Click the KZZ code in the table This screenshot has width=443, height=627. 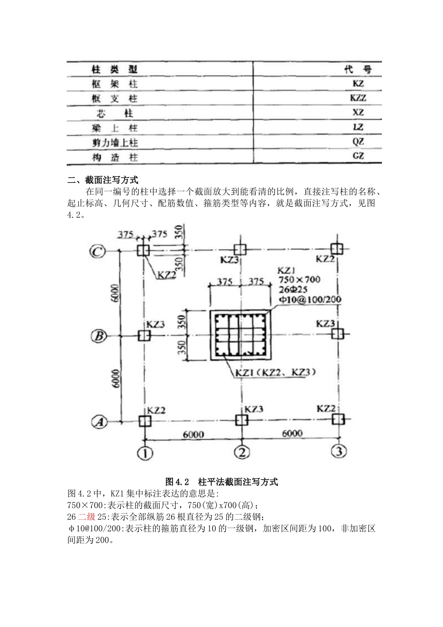358,98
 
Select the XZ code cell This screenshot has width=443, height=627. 358,112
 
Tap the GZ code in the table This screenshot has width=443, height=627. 358,156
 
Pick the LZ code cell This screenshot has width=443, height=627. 358,127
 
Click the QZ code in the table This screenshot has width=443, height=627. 358,141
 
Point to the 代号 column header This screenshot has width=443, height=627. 358,70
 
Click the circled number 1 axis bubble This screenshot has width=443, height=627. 145,452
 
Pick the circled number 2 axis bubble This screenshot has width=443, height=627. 242,452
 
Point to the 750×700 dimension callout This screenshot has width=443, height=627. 299,279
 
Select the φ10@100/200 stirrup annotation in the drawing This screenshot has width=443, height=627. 309,299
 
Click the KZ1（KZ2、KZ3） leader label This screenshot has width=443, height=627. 276,372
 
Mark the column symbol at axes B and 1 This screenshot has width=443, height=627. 144,336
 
